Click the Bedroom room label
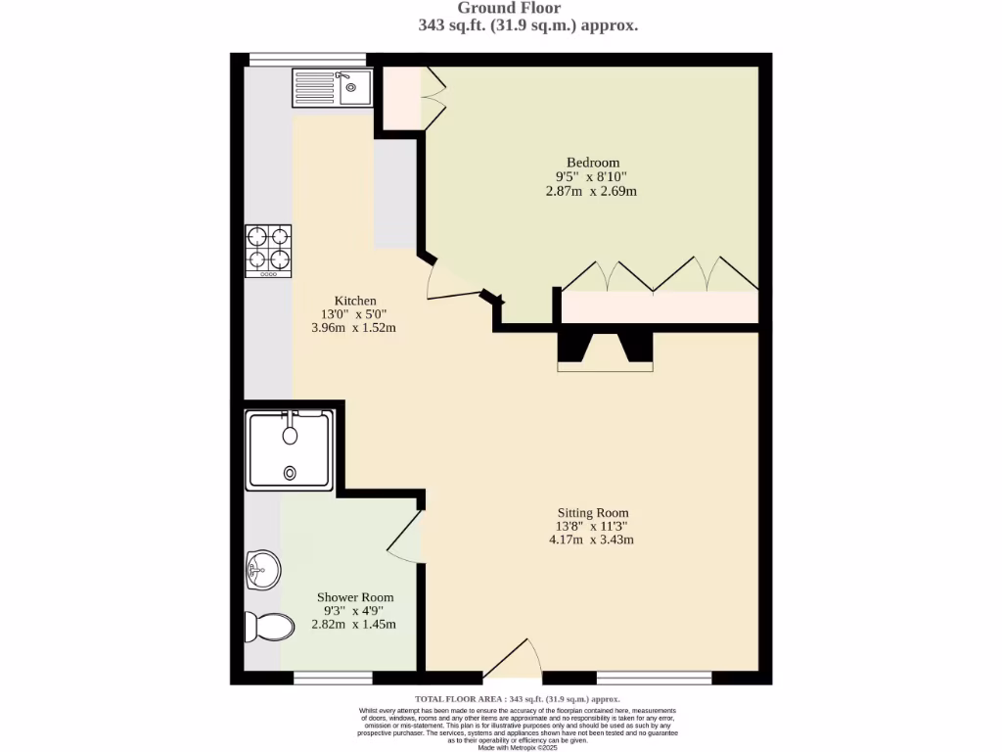tap(593, 163)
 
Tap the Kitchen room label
tap(355, 301)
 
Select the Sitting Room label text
tap(593, 512)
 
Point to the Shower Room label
tap(355, 597)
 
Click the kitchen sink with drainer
tap(331, 87)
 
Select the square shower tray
tap(289, 450)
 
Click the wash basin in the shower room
tap(262, 568)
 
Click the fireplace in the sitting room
tap(606, 352)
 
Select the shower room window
tap(333, 678)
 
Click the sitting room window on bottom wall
tap(654, 678)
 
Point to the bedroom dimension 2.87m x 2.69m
tap(591, 191)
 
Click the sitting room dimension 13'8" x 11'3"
tap(593, 526)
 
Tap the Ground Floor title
tap(509, 9)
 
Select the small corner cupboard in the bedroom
tap(401, 98)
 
